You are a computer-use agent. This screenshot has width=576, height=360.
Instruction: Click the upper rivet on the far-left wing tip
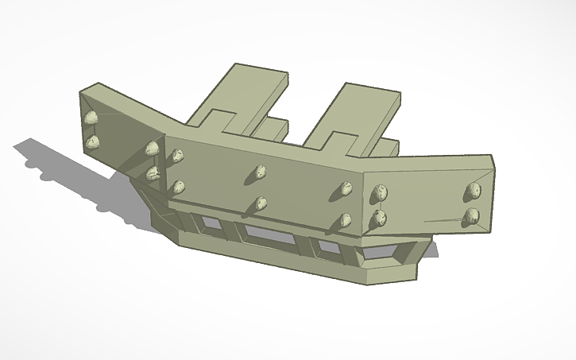point(92,118)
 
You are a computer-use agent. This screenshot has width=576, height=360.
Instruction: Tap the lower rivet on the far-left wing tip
point(93,142)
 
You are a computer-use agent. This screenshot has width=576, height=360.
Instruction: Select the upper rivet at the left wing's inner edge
point(152,148)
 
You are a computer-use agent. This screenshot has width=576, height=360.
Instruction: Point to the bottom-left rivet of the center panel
point(179,188)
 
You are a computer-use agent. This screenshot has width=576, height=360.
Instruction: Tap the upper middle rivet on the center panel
point(259,171)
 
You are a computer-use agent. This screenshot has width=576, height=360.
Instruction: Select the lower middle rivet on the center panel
point(260,203)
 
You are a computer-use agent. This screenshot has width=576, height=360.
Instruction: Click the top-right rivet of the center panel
point(346,189)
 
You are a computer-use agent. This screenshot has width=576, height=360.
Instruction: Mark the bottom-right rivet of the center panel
point(345,220)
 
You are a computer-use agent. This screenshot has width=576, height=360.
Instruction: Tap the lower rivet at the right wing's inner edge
point(377,220)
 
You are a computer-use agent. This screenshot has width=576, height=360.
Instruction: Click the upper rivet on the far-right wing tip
point(474,191)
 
